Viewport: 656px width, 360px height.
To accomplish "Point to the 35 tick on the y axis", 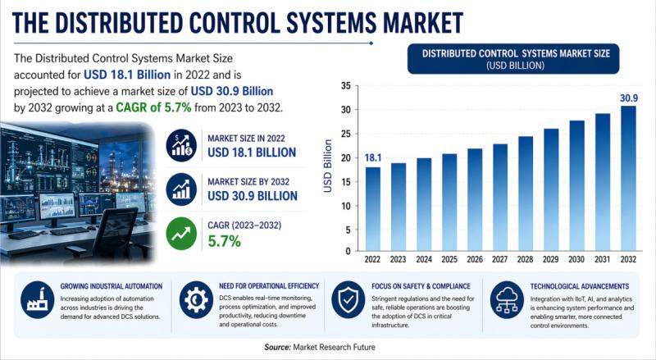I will (345, 86).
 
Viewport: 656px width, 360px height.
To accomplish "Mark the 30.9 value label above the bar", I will (627, 98).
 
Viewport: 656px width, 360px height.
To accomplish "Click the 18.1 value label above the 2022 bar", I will (373, 157).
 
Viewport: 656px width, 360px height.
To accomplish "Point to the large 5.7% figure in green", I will (225, 241).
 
